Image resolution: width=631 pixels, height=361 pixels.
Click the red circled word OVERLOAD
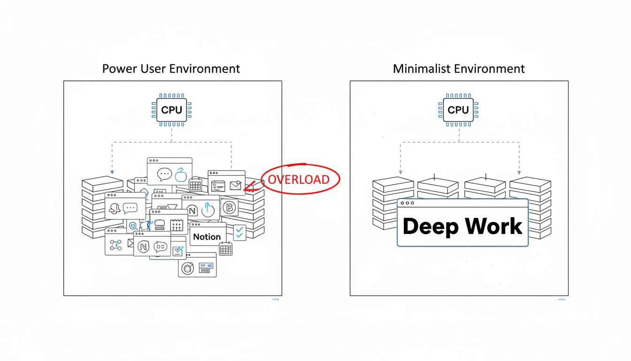(x=299, y=180)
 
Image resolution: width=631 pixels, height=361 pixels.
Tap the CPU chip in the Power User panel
(x=171, y=110)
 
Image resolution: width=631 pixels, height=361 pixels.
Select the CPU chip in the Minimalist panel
(x=458, y=110)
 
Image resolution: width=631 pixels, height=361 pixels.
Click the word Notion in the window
(x=207, y=237)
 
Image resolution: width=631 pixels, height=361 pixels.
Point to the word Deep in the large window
(x=431, y=227)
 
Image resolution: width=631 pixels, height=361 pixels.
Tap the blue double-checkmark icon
(x=239, y=232)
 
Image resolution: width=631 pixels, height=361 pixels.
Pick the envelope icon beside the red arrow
(x=235, y=186)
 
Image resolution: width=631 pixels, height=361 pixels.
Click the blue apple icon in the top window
(x=181, y=175)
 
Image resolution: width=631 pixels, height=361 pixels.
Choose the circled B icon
(x=230, y=207)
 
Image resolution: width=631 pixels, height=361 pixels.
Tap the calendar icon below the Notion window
(x=225, y=249)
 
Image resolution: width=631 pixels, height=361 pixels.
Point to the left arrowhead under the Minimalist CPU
(x=400, y=173)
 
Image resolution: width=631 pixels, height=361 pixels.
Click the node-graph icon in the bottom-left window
(x=115, y=245)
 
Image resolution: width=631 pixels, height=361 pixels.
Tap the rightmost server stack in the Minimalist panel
(x=530, y=207)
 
